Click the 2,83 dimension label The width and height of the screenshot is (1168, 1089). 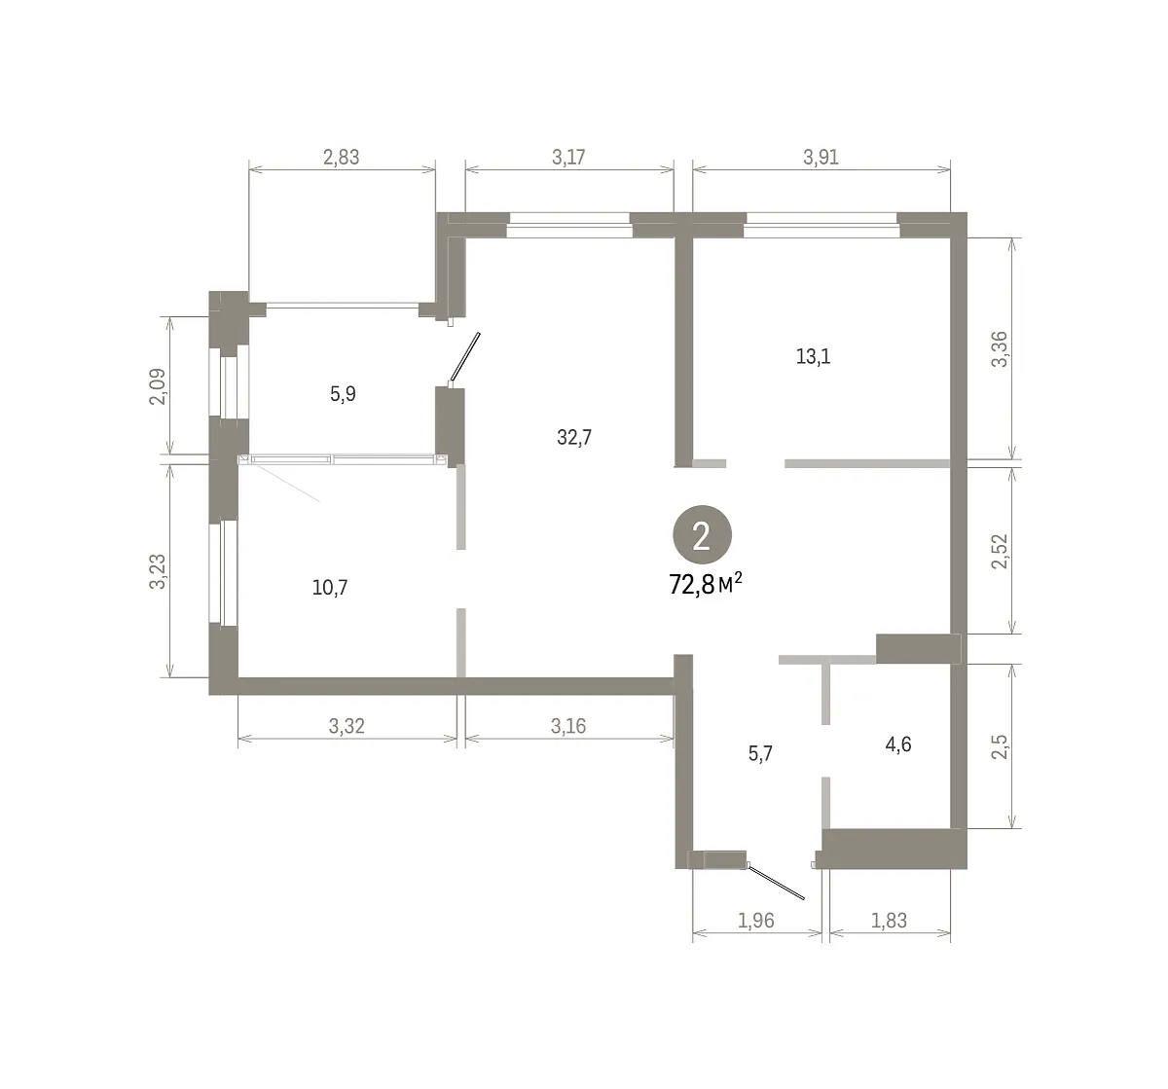[341, 158]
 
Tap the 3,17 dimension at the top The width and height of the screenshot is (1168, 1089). [568, 157]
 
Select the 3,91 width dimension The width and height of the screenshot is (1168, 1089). [821, 157]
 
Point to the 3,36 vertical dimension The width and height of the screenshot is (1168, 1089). [1000, 349]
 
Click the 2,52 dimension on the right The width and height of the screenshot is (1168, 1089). [1000, 551]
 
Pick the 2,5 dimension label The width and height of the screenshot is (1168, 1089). [1000, 747]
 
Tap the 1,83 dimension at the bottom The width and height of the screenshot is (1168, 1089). [889, 921]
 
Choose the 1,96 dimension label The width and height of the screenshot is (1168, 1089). [756, 921]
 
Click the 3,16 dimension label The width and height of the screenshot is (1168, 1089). [568, 727]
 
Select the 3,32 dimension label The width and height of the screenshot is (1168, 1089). [347, 727]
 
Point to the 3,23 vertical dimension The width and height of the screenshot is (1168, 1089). [158, 572]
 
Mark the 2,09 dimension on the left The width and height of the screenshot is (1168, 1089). [158, 386]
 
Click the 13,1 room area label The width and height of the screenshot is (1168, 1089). [814, 356]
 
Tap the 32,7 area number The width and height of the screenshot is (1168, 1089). [574, 438]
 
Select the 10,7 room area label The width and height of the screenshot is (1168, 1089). [330, 587]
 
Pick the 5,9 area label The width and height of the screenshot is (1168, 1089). [343, 394]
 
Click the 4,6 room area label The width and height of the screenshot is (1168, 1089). [898, 744]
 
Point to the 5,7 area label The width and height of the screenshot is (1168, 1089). [760, 753]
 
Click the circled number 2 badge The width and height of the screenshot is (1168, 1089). [702, 535]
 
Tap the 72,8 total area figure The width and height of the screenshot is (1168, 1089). [692, 585]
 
